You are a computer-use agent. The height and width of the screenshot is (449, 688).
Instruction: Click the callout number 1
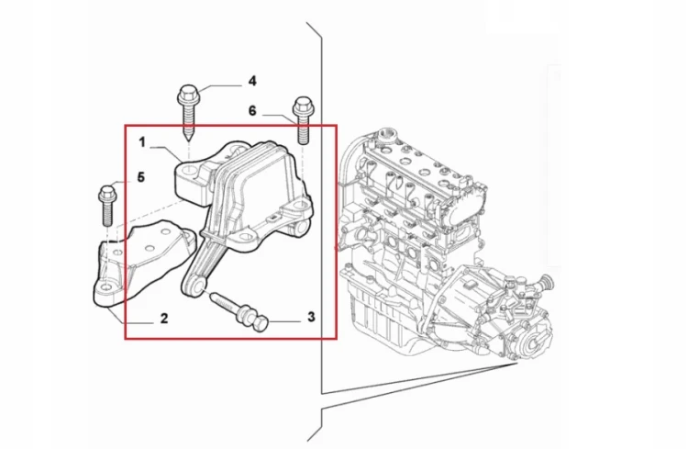point(142,142)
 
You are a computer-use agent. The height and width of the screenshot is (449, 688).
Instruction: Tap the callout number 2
point(164,318)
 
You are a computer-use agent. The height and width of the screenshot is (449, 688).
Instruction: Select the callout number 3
point(311,317)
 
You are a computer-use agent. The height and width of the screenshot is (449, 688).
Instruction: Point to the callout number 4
point(252,81)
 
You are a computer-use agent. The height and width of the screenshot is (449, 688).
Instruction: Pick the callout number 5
point(141,177)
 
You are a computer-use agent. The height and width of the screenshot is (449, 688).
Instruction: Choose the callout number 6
point(252,111)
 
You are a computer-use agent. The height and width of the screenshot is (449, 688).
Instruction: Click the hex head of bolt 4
point(187,93)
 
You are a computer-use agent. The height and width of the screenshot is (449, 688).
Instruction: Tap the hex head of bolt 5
point(107,193)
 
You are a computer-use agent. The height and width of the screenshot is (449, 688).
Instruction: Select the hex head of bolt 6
point(303,105)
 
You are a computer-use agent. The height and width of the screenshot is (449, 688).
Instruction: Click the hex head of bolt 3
point(261,325)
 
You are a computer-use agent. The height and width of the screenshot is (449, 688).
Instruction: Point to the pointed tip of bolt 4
point(187,140)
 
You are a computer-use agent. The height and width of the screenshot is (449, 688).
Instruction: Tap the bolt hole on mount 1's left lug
point(187,171)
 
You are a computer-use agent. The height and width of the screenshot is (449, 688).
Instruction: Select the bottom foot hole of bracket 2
point(106,287)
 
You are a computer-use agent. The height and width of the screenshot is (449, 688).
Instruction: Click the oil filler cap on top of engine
point(387,132)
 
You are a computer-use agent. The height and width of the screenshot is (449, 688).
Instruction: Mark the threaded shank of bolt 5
point(108,214)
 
